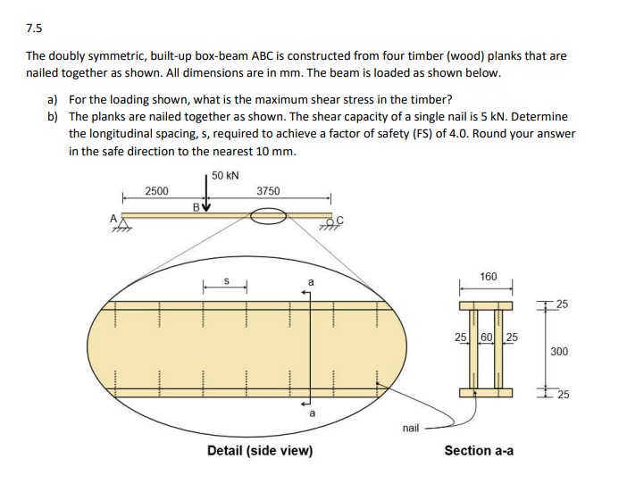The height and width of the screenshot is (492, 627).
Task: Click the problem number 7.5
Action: click(x=34, y=27)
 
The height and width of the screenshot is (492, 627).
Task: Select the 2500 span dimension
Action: click(x=156, y=191)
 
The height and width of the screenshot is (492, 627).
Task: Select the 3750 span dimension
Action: click(x=268, y=191)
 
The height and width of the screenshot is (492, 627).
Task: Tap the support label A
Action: click(x=113, y=215)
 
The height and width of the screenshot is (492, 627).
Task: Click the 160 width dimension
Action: click(x=488, y=277)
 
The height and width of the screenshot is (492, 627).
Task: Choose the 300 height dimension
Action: click(x=559, y=351)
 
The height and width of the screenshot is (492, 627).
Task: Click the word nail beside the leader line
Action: click(x=411, y=429)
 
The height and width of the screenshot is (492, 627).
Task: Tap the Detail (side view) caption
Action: click(x=260, y=451)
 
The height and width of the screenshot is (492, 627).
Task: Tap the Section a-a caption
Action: click(x=479, y=451)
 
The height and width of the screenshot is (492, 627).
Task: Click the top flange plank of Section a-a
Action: click(x=486, y=304)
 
